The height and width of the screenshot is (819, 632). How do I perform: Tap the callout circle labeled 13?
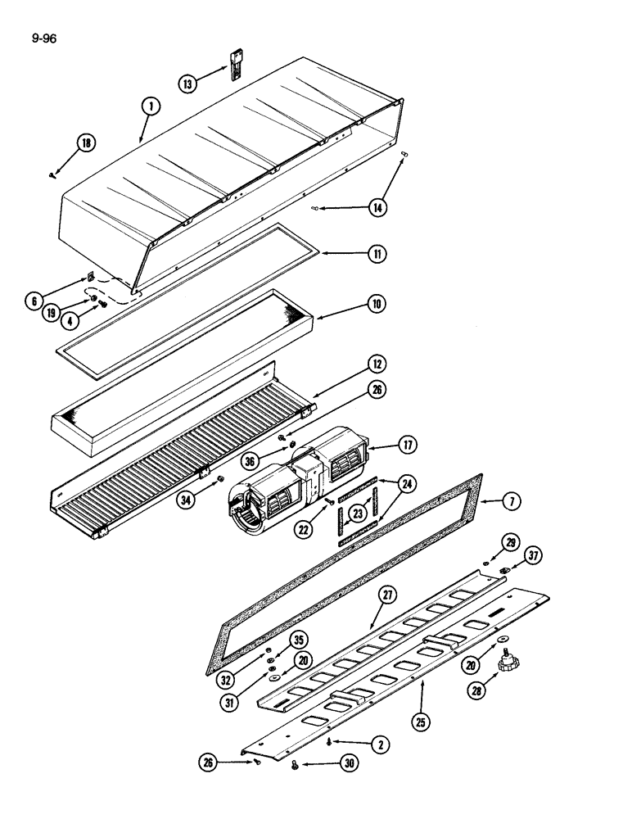189,83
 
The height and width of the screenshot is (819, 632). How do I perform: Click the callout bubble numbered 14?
377,208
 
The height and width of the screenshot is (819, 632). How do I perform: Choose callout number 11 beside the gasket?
377,254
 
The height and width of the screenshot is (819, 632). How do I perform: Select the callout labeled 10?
376,303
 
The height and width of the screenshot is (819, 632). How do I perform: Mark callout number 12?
376,363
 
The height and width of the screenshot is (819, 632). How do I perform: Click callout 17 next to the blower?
407,446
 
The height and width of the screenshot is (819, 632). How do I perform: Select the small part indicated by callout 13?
236,61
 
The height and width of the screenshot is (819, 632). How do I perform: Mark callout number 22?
305,532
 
